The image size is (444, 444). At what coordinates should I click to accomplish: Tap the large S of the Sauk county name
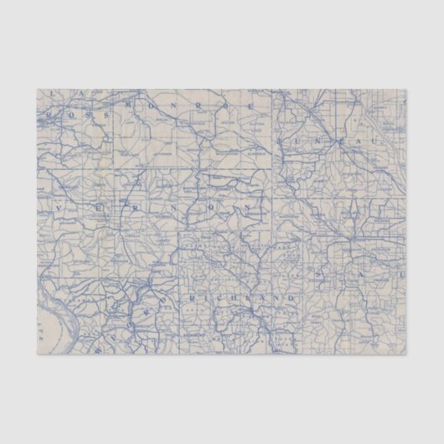point(321,275)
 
